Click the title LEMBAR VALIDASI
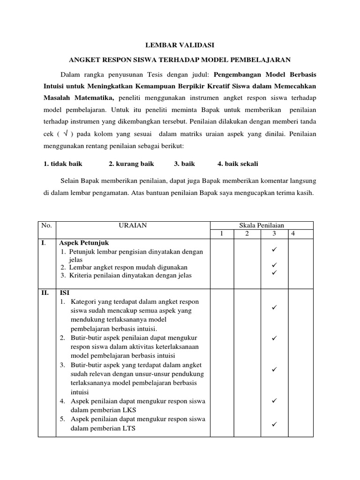(180, 45)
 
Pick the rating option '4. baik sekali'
(238, 164)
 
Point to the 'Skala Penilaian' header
(262, 225)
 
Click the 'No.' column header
(46, 225)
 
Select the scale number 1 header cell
(223, 233)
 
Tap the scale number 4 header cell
(293, 233)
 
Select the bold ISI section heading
(64, 292)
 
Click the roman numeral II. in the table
(45, 292)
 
